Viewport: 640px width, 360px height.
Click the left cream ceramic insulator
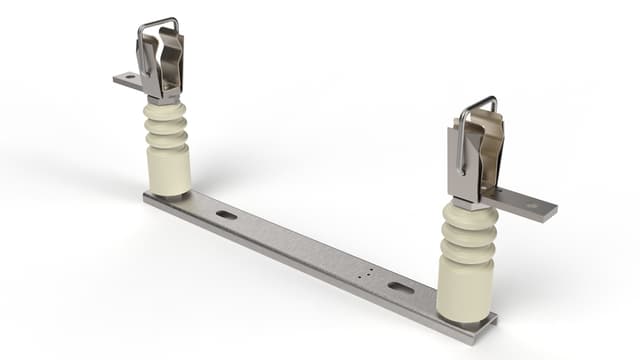[167, 150]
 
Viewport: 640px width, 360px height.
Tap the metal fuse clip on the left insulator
[161, 66]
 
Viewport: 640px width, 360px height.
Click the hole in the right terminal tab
[532, 207]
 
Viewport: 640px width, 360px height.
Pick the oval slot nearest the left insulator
[227, 214]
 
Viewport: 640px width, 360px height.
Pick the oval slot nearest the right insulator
[400, 288]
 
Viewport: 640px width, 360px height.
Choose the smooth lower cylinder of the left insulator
[168, 172]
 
